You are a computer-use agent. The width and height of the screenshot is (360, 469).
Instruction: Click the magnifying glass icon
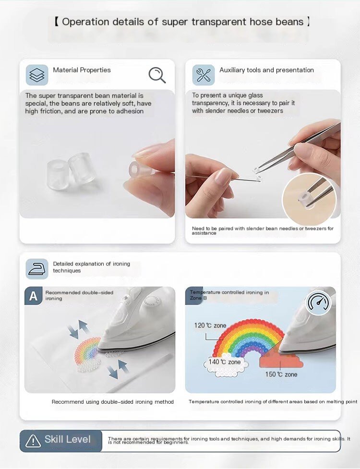156,75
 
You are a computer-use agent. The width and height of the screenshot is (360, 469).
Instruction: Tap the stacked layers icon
37,75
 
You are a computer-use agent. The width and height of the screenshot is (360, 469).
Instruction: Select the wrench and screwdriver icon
204,75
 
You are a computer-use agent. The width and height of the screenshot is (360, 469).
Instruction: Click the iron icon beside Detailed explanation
37,269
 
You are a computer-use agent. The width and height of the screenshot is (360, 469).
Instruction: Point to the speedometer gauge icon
318,302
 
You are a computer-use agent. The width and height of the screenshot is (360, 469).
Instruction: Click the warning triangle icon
33,441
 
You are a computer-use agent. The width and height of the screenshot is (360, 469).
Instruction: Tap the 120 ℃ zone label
210,325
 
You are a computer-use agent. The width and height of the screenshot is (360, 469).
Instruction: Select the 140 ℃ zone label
225,362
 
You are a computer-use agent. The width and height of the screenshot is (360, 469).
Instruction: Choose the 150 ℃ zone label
281,374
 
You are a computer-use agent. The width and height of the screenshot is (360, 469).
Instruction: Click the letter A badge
33,296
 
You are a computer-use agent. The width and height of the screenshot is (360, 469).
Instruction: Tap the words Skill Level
68,439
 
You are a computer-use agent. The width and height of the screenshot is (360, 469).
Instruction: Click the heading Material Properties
82,70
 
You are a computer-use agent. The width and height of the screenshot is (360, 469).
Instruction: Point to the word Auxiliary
232,70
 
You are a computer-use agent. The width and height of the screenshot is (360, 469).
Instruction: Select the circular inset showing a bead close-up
309,199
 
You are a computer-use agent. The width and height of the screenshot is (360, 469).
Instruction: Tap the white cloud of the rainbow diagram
224,364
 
